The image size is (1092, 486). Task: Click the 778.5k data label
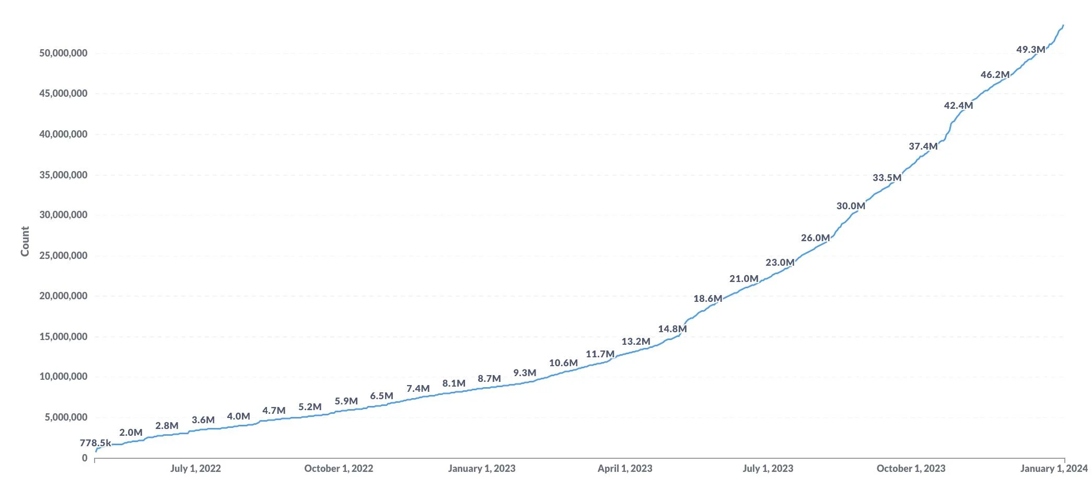95,443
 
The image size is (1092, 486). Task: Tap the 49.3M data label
1030,50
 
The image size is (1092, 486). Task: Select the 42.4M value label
958,106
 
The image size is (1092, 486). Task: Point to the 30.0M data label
851,206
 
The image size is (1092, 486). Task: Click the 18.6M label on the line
707,299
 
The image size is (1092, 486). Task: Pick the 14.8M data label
672,329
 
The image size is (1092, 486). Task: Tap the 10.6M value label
563,363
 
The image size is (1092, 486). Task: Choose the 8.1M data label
454,383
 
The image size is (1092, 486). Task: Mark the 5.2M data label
310,407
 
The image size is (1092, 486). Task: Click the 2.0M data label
131,433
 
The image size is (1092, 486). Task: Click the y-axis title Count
25,241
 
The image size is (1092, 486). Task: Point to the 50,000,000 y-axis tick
63,53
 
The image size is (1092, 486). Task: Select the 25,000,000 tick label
63,256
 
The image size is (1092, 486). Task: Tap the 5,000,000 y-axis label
66,417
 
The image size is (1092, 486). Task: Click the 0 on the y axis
85,458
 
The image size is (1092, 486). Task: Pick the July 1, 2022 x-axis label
195,469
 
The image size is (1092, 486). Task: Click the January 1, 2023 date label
481,469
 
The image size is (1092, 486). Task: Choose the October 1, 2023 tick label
911,469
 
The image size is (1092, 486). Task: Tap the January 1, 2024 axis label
1053,469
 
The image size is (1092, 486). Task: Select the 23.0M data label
780,263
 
